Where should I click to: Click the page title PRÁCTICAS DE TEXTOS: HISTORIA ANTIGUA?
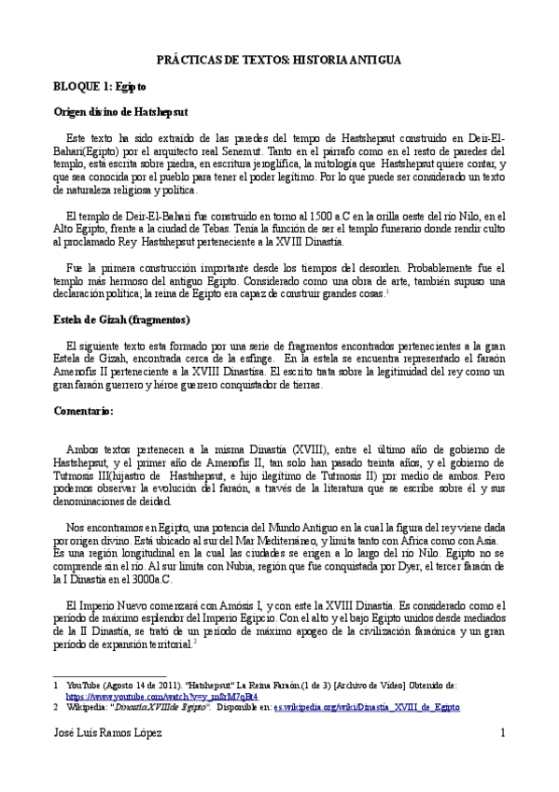tap(279, 59)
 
